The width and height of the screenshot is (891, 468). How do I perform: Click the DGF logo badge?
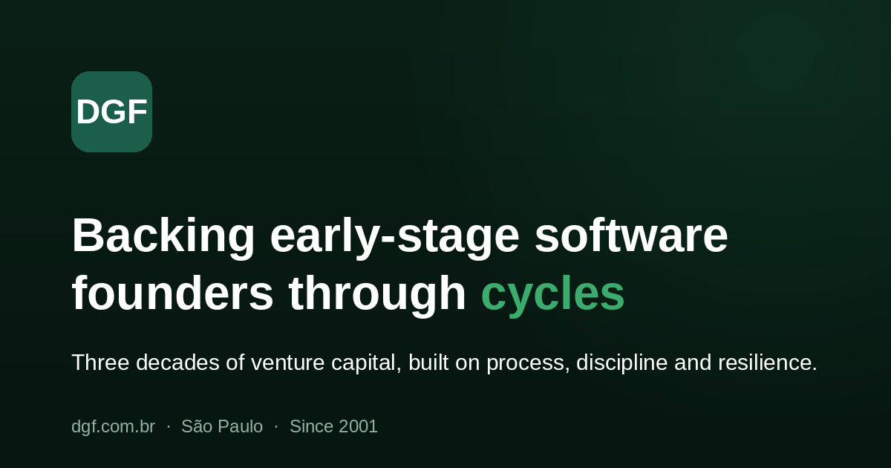point(112,112)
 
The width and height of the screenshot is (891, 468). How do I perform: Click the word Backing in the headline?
point(163,237)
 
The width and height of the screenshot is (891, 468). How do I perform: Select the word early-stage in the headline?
point(394,237)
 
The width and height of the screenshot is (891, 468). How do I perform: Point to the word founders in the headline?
point(172,293)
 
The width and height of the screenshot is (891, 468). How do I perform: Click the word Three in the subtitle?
point(101,363)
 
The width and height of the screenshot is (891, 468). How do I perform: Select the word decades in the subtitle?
point(177,363)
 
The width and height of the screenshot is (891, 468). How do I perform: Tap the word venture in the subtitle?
point(287,364)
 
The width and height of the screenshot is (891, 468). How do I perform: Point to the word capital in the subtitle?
point(366,364)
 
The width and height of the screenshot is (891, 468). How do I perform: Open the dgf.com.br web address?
point(113,427)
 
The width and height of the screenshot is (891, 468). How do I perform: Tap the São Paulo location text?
point(222,426)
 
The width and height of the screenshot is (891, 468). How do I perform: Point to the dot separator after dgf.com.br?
point(169,426)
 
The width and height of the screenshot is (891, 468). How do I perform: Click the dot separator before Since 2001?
point(276,426)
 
